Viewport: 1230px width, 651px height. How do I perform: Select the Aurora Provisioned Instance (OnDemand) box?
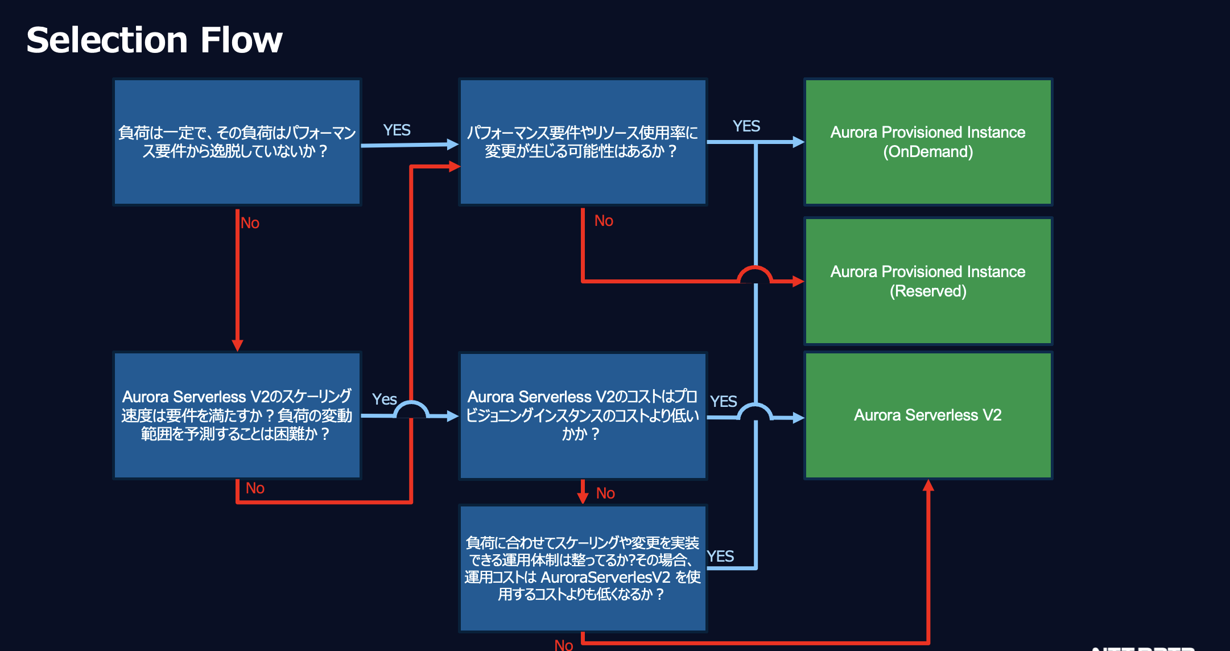click(928, 142)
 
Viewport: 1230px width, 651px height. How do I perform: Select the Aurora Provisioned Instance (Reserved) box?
click(928, 281)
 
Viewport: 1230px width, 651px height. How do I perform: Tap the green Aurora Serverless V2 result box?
click(928, 415)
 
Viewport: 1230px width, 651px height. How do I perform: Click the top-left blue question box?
click(237, 142)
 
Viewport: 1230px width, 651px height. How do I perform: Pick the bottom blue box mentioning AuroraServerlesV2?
click(583, 568)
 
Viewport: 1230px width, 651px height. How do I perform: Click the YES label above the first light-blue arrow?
click(397, 130)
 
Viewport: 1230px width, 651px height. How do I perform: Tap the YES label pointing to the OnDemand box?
click(746, 126)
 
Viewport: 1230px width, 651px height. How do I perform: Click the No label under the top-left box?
click(250, 223)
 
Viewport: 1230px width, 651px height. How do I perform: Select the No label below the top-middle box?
click(604, 221)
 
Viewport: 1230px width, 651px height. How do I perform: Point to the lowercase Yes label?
click(384, 399)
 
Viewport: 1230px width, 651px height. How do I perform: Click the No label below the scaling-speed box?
click(255, 488)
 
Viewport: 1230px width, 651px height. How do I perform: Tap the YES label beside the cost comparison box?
click(723, 402)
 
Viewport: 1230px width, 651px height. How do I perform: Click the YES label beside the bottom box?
click(720, 557)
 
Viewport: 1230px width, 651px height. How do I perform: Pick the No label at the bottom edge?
click(564, 645)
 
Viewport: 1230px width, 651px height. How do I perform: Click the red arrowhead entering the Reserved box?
click(798, 281)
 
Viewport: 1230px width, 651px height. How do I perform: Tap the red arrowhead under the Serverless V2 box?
click(928, 485)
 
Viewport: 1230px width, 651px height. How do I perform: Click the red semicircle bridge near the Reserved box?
click(755, 273)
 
